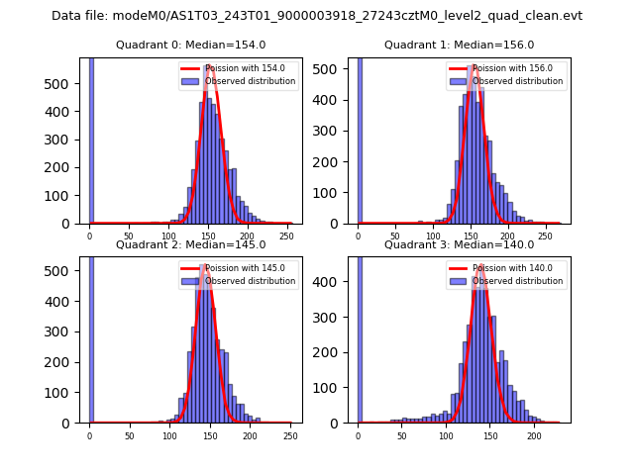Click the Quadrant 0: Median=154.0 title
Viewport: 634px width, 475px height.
(190, 46)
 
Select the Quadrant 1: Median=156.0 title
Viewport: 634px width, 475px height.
(459, 46)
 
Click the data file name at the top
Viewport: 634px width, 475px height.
(317, 16)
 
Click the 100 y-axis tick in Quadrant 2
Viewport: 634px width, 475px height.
(67, 392)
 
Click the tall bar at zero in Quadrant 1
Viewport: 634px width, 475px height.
(359, 139)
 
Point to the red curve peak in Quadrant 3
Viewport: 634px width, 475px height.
(480, 265)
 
